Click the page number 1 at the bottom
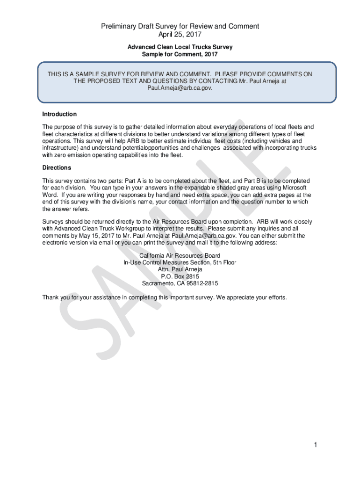tap(316, 445)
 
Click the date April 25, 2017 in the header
tap(180, 35)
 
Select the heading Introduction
tap(59, 114)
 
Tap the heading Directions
tap(57, 167)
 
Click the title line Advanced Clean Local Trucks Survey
tap(180, 47)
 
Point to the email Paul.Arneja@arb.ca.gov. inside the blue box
tap(180, 87)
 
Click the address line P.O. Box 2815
tap(180, 276)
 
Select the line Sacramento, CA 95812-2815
tap(180, 283)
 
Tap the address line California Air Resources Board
tap(180, 256)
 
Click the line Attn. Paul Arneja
tap(180, 269)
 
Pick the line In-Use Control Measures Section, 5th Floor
tap(180, 263)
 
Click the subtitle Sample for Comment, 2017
tap(180, 54)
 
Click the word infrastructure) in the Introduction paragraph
tap(60, 148)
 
